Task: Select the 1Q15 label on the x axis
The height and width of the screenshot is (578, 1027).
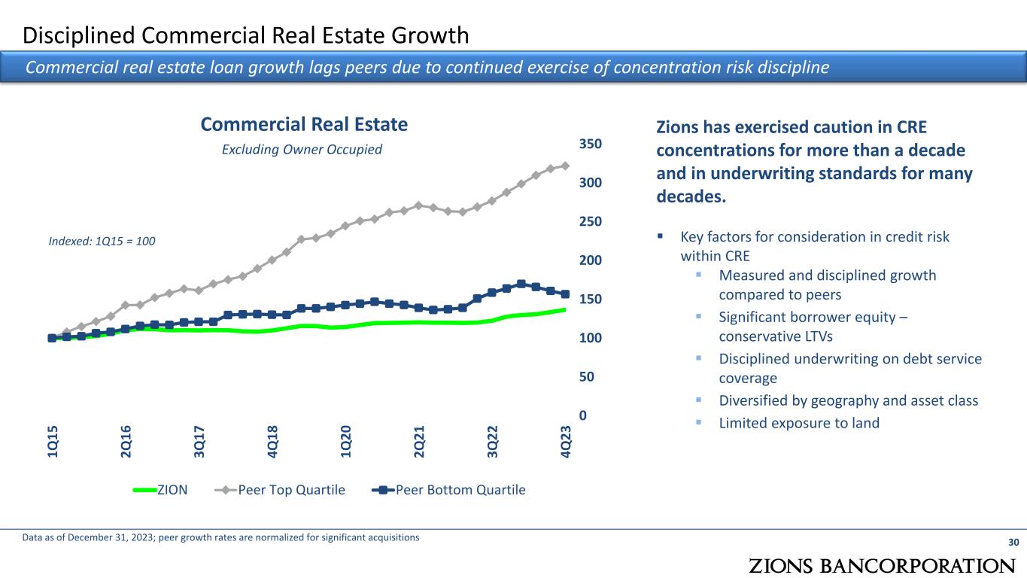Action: point(53,440)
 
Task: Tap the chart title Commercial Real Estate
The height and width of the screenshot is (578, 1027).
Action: point(304,124)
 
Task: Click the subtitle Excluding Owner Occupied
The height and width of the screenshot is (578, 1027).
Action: point(302,150)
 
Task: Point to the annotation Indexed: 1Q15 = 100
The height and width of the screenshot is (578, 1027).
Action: point(101,242)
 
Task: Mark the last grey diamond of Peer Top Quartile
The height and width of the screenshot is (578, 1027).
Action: point(565,166)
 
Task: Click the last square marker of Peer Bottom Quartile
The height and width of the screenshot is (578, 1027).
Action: point(565,294)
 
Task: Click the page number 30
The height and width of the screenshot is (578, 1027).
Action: point(1013,543)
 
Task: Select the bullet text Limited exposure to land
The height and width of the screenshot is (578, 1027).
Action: point(799,423)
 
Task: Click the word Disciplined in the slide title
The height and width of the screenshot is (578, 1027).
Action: point(82,35)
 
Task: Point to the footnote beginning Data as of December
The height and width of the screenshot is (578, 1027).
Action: point(220,537)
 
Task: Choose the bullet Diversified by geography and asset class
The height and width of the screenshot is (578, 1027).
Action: point(849,400)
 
